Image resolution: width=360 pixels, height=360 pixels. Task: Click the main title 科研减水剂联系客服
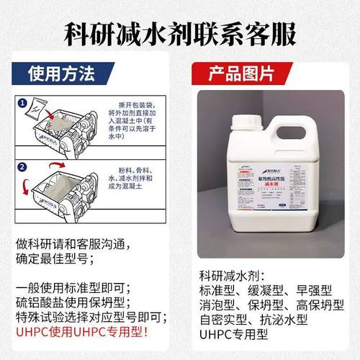coord(180,32)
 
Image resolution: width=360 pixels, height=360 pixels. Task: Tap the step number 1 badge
coord(23,103)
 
